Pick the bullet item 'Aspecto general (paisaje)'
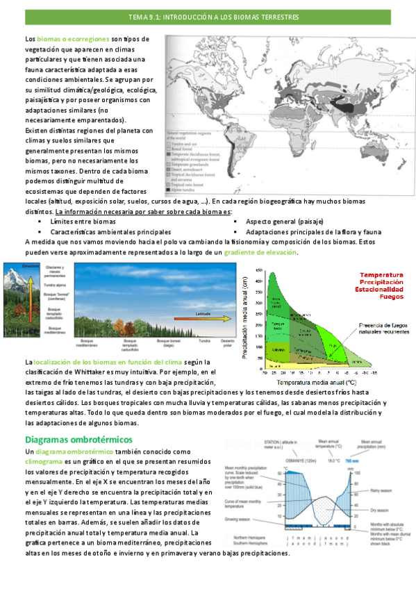click(277, 221)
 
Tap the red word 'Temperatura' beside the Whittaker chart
click(381, 275)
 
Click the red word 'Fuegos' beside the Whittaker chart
click(392, 297)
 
